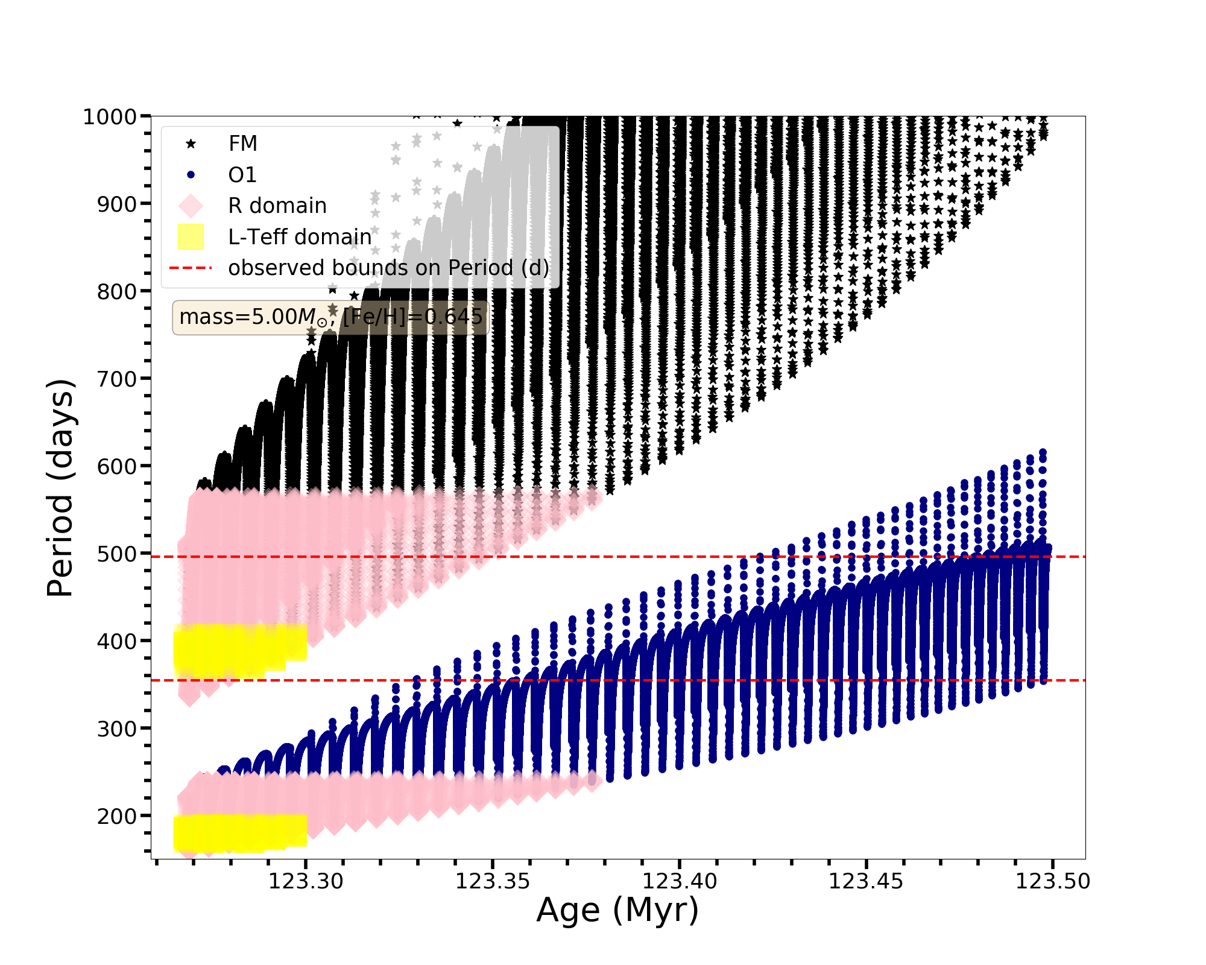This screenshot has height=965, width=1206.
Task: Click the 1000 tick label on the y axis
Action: (x=110, y=116)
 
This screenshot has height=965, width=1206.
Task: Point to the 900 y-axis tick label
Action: (x=117, y=204)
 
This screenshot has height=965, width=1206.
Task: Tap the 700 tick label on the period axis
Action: (x=117, y=379)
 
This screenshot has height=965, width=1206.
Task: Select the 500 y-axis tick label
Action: (x=117, y=554)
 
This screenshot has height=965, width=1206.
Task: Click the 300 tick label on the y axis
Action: (x=117, y=729)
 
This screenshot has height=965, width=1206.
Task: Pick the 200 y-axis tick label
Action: (x=117, y=817)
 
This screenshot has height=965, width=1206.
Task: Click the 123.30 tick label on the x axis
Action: (x=306, y=882)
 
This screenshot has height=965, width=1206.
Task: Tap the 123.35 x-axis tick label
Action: (x=493, y=882)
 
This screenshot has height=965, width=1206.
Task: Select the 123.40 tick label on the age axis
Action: (x=680, y=882)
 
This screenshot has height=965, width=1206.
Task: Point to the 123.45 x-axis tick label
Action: (x=867, y=882)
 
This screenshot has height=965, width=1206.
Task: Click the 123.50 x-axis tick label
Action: (x=1053, y=882)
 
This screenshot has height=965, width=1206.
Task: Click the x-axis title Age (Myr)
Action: (x=617, y=910)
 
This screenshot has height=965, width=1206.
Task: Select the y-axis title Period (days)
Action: (x=60, y=488)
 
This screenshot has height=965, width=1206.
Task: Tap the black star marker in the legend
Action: (x=191, y=144)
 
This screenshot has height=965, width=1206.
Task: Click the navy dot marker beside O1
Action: (x=191, y=175)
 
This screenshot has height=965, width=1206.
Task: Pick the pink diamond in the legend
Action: (x=191, y=206)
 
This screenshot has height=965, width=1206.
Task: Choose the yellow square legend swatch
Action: (x=191, y=237)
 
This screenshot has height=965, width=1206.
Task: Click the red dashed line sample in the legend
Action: (x=191, y=268)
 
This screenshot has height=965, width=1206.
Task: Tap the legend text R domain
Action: (x=277, y=206)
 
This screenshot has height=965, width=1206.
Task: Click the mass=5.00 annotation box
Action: (x=330, y=317)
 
